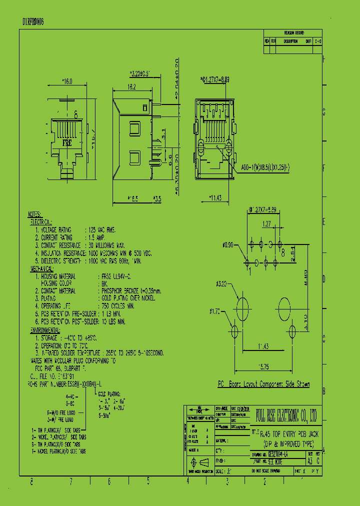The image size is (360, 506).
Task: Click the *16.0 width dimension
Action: [x=67, y=81]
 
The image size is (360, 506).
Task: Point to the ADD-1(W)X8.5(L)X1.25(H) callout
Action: [x=264, y=169]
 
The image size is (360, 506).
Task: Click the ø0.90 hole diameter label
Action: [x=228, y=244]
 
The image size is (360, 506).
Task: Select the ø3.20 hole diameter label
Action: [x=221, y=284]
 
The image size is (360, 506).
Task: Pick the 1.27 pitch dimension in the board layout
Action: [x=266, y=224]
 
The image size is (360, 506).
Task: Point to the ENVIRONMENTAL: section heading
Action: [x=45, y=330]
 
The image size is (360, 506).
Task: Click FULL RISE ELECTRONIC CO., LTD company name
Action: [x=286, y=413]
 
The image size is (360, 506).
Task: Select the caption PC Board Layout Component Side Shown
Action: [x=263, y=384]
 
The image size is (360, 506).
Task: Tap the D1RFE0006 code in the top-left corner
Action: [x=33, y=22]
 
